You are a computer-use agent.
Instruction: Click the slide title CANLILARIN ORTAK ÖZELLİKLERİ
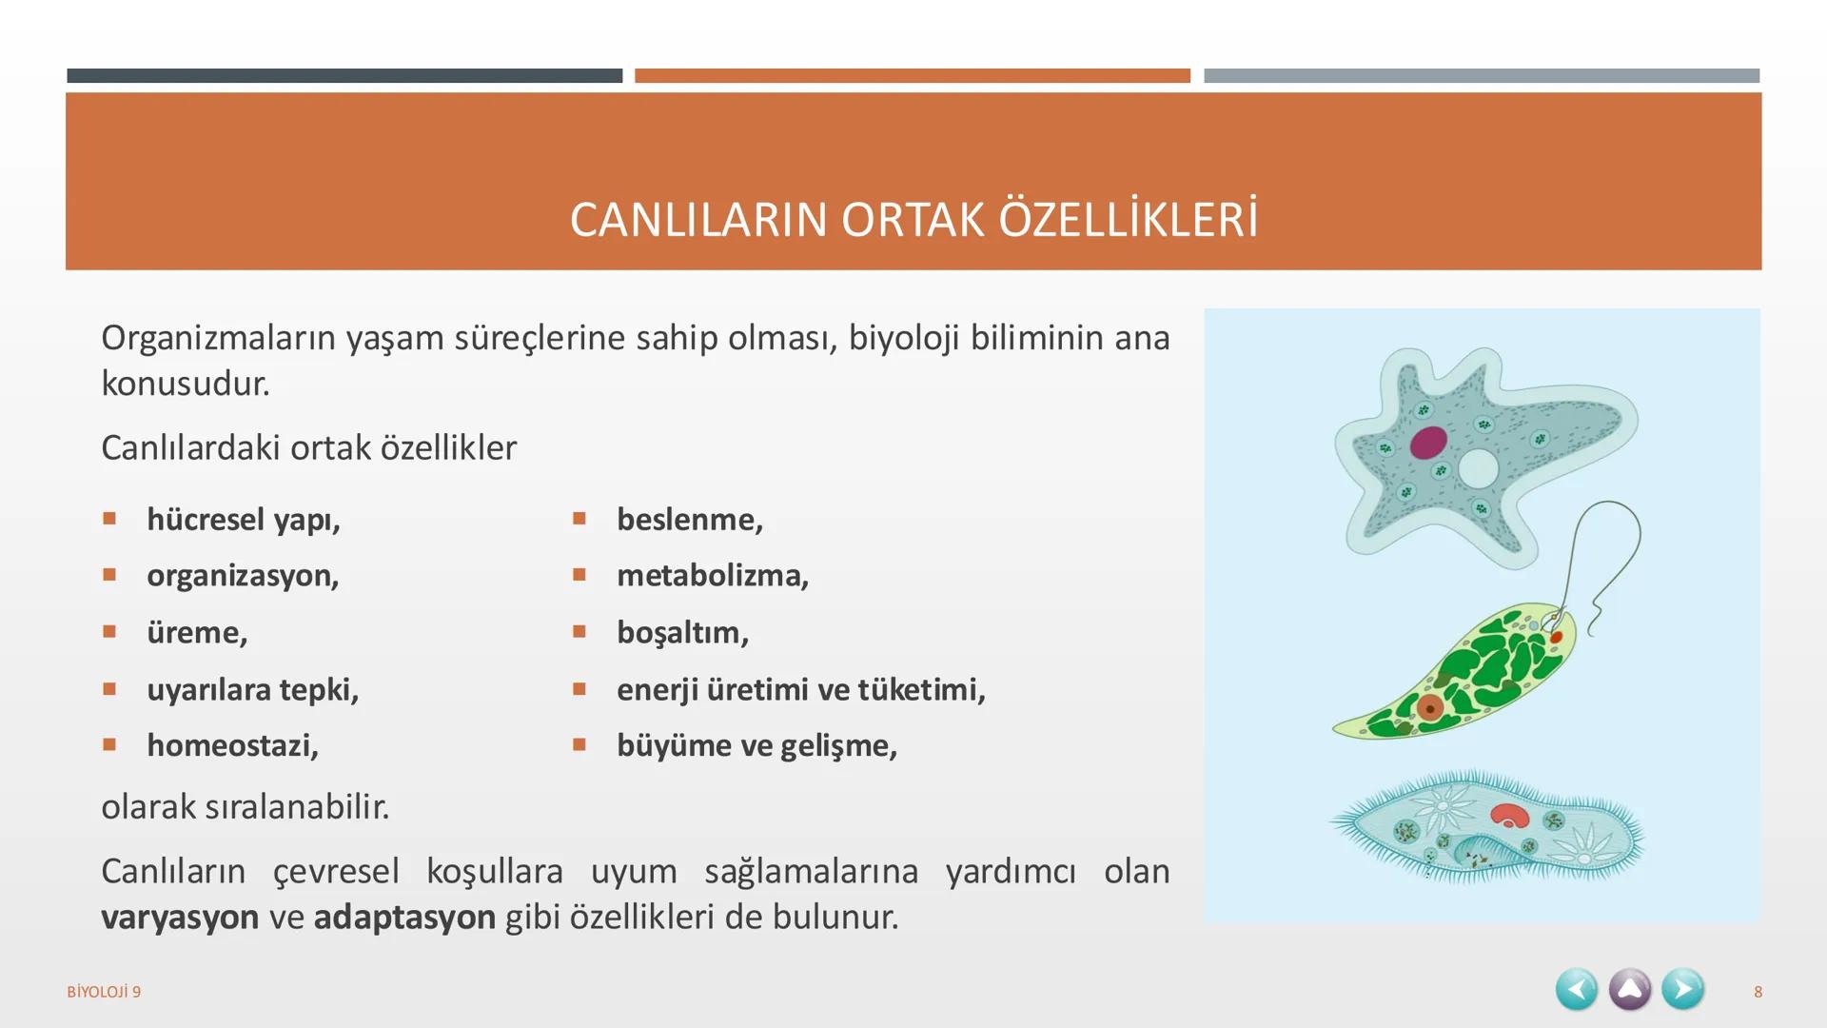point(913,220)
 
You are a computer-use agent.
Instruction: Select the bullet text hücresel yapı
point(243,520)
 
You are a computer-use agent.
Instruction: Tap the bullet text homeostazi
point(232,745)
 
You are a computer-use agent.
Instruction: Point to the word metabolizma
point(712,576)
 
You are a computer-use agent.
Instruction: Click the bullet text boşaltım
point(682,632)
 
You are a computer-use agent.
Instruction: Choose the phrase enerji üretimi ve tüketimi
point(800,689)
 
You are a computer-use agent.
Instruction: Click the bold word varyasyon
point(180,917)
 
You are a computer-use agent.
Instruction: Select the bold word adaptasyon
point(404,917)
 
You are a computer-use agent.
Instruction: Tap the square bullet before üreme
point(109,631)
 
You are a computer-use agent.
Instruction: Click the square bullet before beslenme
point(580,519)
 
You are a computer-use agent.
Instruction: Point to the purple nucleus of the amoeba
point(1428,443)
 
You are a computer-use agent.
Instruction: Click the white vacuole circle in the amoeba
point(1478,468)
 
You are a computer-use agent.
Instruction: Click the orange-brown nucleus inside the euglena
point(1429,708)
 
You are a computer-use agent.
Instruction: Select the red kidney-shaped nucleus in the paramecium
point(1509,815)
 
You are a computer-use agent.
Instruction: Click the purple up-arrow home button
point(1629,990)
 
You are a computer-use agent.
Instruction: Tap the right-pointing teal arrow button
point(1682,990)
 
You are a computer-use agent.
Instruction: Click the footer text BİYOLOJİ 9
point(104,992)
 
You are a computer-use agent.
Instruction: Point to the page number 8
point(1758,992)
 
